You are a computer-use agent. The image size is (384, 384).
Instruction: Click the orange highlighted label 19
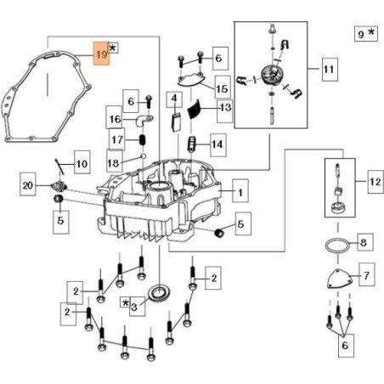tap(100, 54)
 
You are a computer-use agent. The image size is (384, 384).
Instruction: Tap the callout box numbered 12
tap(375, 181)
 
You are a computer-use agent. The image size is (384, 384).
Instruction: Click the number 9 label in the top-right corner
tap(360, 35)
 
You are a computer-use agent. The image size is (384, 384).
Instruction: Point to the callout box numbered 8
tap(363, 243)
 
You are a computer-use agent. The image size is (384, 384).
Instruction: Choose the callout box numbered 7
tap(366, 276)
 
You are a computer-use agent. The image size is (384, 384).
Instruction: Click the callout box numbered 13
tap(225, 108)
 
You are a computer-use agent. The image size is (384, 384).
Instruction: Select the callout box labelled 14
tap(217, 145)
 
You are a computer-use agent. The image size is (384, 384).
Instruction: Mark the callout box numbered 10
tap(81, 162)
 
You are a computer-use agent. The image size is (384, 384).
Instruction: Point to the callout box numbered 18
tap(114, 161)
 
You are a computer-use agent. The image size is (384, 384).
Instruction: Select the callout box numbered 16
tap(114, 118)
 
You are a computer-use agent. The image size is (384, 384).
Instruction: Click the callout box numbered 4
tap(175, 99)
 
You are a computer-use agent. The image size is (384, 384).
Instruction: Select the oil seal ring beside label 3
tap(158, 295)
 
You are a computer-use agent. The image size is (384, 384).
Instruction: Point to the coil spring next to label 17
tap(143, 138)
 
